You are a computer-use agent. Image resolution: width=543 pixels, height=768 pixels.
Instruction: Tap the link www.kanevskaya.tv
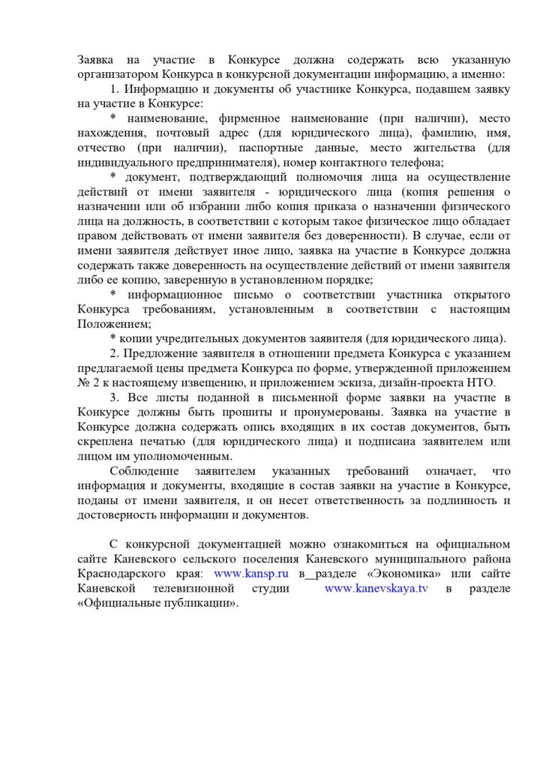pyautogui.click(x=376, y=588)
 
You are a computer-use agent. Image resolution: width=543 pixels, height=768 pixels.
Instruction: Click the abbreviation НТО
pyautogui.click(x=480, y=382)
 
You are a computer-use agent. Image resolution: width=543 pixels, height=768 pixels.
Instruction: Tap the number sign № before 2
pyautogui.click(x=84, y=382)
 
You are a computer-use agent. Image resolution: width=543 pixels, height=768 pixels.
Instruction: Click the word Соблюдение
pyautogui.click(x=144, y=471)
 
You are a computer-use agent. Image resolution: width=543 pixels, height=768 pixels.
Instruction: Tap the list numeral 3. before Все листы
pyautogui.click(x=115, y=397)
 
